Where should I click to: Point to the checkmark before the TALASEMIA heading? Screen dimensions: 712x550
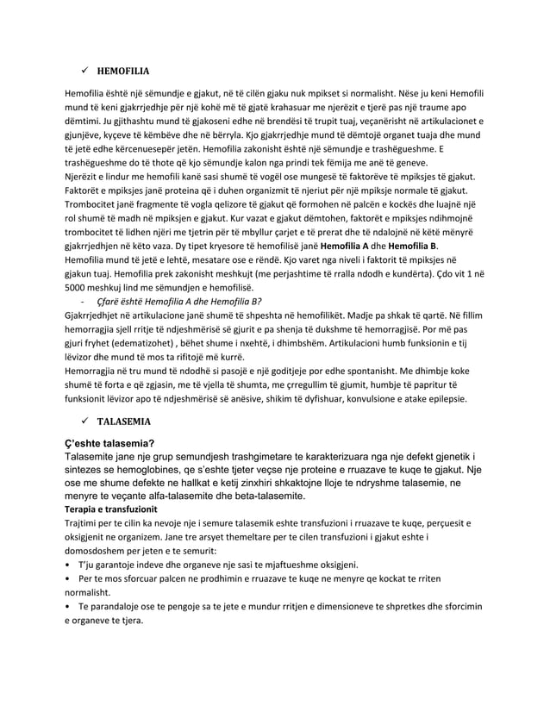click(x=82, y=422)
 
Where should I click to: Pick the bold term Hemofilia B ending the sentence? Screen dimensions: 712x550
click(x=410, y=246)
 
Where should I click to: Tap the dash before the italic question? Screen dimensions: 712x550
click(x=79, y=301)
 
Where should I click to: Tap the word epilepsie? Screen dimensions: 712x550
click(x=444, y=399)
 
